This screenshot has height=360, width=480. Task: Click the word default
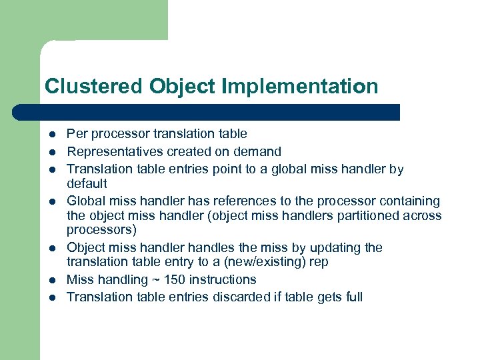click(87, 183)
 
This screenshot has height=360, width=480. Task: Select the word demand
click(259, 151)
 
